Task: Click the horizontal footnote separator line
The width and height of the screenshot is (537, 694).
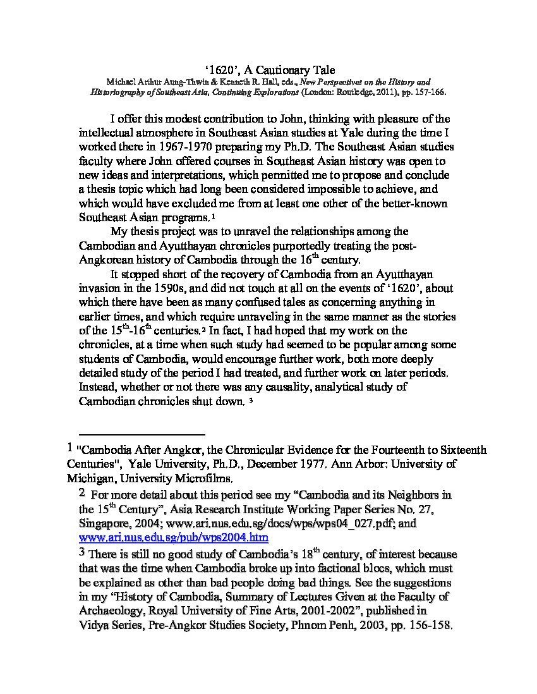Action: point(142,435)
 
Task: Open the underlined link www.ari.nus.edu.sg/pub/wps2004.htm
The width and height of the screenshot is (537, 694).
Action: point(174,538)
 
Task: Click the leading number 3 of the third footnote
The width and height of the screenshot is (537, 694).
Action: point(81,552)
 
